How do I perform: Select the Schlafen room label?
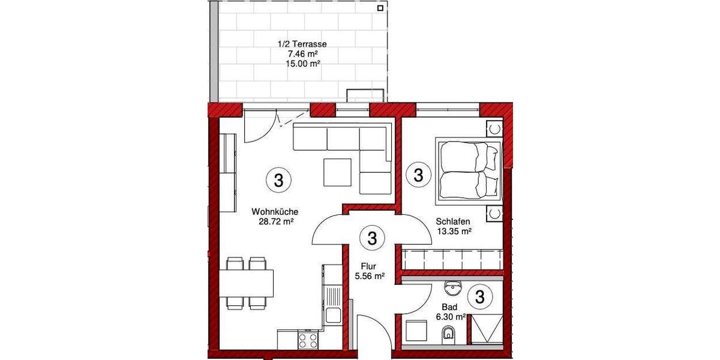[452, 221]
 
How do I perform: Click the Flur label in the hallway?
[368, 266]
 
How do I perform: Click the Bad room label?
[450, 307]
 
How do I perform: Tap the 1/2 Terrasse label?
[302, 44]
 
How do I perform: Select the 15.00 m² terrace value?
[302, 62]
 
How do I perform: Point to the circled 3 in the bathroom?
[480, 296]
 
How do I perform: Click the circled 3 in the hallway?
[371, 238]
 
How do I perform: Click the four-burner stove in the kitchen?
[308, 340]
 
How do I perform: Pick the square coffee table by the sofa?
[338, 172]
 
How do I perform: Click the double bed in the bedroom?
[470, 169]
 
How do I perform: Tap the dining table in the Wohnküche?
[246, 283]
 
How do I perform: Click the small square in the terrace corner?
[380, 8]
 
